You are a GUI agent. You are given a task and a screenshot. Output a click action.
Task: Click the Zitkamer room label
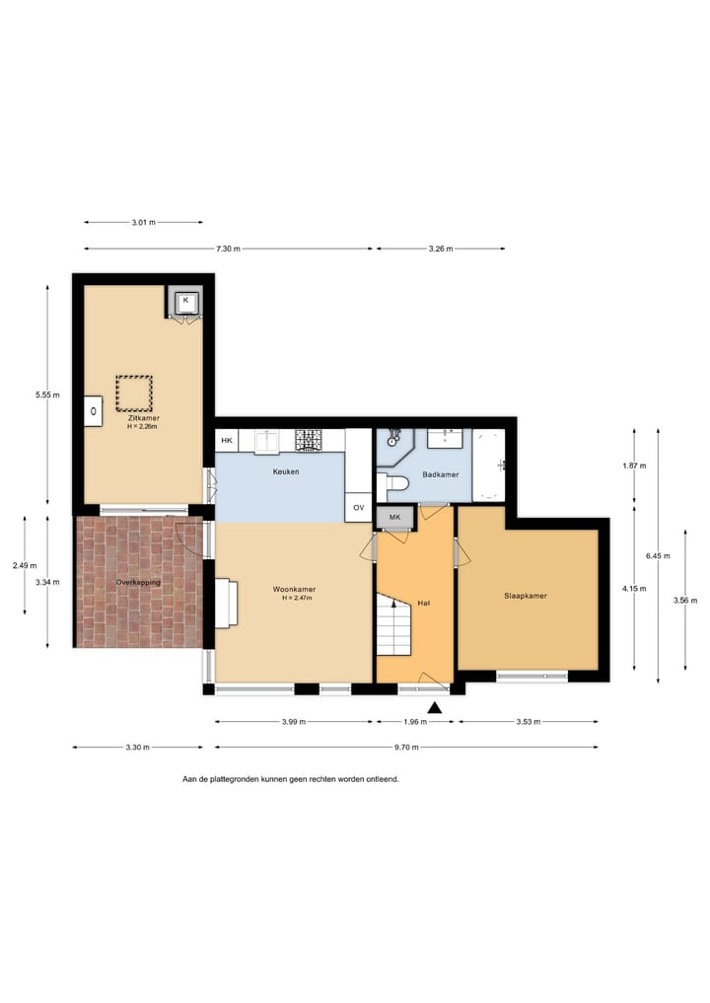coord(143,418)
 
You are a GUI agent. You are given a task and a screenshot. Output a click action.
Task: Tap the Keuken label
coord(286,471)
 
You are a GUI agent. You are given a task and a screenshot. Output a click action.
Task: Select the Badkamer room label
coord(440,474)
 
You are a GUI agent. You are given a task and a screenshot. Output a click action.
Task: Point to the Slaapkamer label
coord(525,596)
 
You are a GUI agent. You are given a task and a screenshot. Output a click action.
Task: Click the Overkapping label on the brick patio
coord(138,583)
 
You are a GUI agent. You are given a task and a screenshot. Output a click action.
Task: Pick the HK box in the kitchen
coord(227,440)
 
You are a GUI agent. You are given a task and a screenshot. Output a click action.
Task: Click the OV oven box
coord(358,508)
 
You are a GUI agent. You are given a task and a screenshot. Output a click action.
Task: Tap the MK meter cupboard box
coord(394,518)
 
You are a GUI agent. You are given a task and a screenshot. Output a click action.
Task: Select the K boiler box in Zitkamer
coord(185,300)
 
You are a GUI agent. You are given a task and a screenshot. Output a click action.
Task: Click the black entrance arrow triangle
coord(434,706)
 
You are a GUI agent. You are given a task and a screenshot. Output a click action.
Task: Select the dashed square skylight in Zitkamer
coord(134,394)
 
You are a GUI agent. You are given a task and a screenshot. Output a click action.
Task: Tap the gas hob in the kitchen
coord(310,440)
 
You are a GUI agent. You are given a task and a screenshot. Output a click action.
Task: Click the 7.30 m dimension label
coord(228,249)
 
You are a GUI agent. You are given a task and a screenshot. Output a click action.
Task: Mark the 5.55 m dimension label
coord(46,394)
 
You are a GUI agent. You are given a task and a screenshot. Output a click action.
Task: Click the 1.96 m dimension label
coord(415,722)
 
